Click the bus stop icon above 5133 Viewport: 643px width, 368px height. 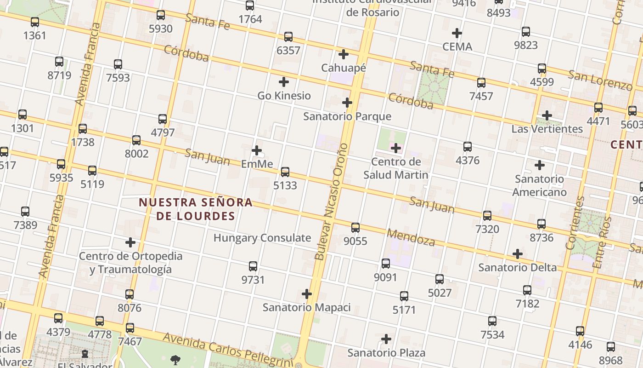(285, 172)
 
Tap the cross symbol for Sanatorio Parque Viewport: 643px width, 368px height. (347, 103)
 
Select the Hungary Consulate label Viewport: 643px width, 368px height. (262, 238)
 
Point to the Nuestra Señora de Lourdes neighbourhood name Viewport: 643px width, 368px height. (196, 209)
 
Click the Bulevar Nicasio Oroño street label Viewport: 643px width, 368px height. (331, 202)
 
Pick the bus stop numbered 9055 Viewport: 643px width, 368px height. (355, 228)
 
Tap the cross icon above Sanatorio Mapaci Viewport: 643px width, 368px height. (307, 294)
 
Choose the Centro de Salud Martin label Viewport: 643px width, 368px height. (395, 168)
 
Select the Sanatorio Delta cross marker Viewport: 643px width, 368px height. (518, 254)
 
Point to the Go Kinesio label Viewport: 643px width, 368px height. (284, 96)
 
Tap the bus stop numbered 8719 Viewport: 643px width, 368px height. (59, 62)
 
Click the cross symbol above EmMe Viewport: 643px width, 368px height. (257, 150)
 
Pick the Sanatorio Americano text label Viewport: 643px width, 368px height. (540, 185)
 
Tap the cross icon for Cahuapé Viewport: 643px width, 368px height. (343, 54)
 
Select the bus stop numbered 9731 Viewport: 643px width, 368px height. (253, 266)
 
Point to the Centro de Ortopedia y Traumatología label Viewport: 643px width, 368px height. (130, 263)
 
